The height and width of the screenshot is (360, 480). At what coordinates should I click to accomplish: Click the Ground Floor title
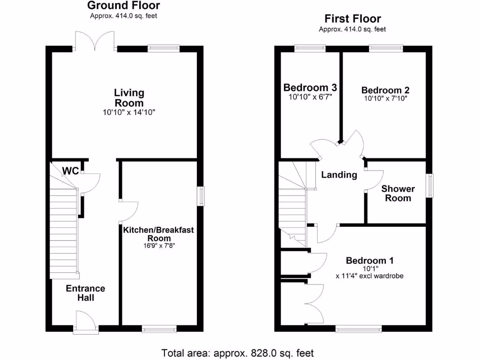tap(124, 6)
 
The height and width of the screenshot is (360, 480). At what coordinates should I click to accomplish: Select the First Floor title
tap(352, 19)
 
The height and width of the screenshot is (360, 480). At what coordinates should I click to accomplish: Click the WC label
tap(70, 171)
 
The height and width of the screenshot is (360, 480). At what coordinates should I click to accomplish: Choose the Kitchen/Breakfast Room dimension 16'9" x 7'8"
tap(158, 245)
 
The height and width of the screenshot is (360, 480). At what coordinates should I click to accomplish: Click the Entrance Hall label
tap(85, 293)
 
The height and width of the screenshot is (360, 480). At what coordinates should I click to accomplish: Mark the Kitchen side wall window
tap(201, 196)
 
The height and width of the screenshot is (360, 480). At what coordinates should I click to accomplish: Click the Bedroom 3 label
tap(310, 88)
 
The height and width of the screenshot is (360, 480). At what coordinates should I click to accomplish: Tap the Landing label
tap(339, 175)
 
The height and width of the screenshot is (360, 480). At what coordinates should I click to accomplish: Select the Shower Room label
tap(398, 193)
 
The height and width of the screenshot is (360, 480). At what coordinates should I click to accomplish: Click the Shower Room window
tap(429, 186)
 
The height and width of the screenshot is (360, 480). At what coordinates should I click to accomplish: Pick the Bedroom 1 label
tap(370, 261)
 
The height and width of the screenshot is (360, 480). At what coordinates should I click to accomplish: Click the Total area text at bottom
tap(238, 352)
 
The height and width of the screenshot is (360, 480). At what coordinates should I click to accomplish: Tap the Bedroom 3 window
tap(310, 48)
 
